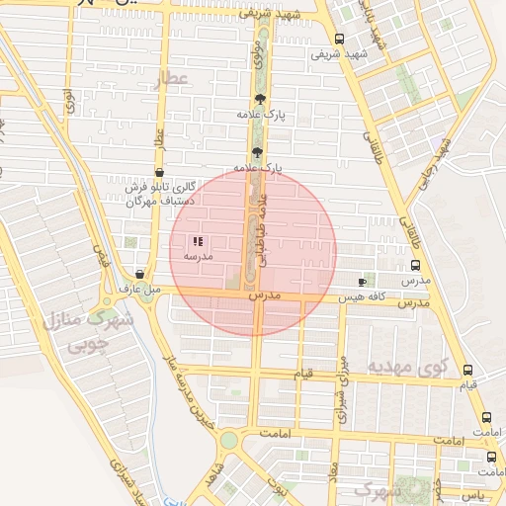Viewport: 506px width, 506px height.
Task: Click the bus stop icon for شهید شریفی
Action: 339,40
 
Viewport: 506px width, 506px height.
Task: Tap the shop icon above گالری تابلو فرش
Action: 159,172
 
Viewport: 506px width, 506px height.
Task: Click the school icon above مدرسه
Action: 198,240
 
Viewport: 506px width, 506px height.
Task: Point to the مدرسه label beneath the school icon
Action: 198,256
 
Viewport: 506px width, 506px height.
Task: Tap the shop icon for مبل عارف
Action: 139,275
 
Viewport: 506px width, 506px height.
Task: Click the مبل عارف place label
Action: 139,290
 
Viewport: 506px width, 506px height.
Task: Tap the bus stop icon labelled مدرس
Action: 414,265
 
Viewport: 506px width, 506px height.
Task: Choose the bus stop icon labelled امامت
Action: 485,418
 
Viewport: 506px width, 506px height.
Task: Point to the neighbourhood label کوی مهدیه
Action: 408,367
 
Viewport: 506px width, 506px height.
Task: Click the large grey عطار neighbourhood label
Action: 171,79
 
